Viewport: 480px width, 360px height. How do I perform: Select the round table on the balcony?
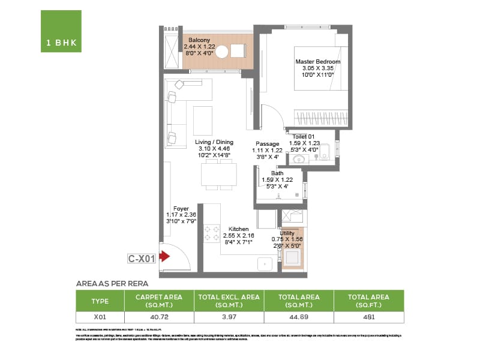[x=221, y=52]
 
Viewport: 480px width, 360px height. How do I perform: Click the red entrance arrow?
[x=164, y=256]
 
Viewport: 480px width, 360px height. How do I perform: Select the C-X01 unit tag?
[x=142, y=259]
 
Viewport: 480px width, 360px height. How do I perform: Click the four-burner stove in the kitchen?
[x=212, y=233]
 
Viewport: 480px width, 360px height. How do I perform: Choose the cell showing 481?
[x=368, y=316]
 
